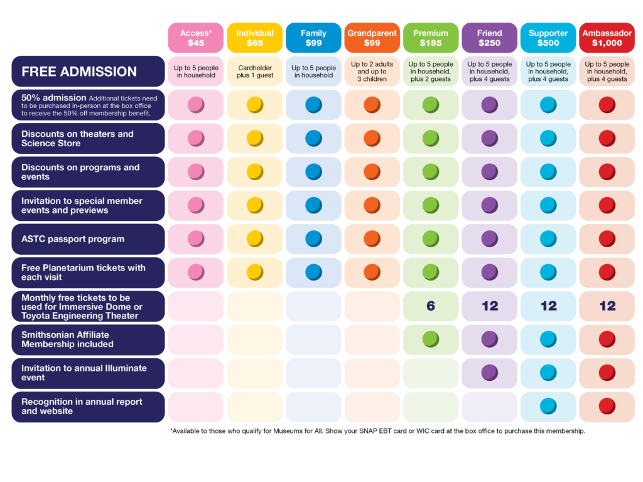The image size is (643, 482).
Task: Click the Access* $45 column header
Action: [x=196, y=38]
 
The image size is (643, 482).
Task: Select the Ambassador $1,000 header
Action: [x=607, y=38]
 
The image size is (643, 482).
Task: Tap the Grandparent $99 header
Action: [x=372, y=38]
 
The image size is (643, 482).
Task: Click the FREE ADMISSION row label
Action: [x=88, y=72]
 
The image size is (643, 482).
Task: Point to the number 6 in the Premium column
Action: [x=430, y=306]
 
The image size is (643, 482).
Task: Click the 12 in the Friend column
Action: [x=490, y=306]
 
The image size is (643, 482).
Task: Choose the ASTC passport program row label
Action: [x=88, y=239]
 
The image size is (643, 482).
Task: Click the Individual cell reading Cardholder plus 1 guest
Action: [x=255, y=71]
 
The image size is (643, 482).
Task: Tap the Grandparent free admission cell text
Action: [x=372, y=72]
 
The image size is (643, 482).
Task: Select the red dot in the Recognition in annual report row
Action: [x=607, y=406]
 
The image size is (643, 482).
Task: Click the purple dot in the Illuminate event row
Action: [x=490, y=373]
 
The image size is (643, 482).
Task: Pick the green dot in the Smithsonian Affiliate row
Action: [x=431, y=340]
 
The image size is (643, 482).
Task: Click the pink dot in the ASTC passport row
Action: [x=196, y=238]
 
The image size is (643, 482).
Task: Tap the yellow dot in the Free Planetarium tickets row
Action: [x=255, y=272]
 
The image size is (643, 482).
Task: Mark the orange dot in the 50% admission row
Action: [x=372, y=105]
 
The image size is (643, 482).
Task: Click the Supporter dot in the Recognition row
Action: [x=548, y=406]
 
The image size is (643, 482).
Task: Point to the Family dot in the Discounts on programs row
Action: [x=313, y=171]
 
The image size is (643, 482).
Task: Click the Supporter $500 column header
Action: [x=548, y=38]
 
